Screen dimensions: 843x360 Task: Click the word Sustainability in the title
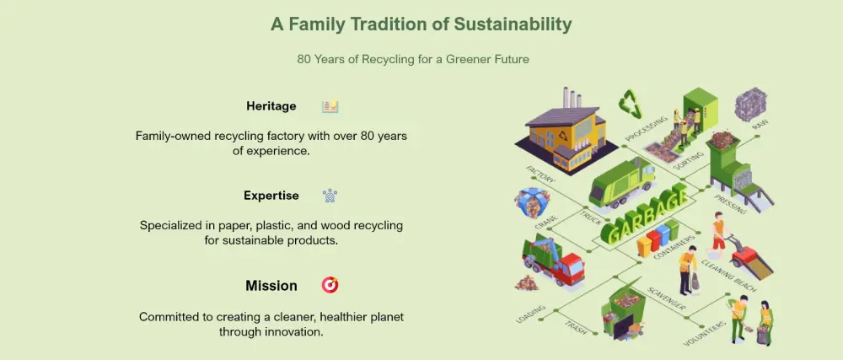(513, 24)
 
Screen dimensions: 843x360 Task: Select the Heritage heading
(271, 106)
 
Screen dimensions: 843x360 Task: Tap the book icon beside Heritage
(330, 106)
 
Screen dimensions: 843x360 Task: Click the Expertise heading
(271, 196)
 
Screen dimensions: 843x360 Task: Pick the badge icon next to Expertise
(330, 196)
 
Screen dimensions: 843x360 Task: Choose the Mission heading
(271, 285)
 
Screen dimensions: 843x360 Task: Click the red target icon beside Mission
(330, 285)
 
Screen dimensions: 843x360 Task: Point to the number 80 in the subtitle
(303, 59)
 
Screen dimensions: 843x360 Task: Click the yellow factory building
(561, 133)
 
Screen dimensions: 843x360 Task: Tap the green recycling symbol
(630, 104)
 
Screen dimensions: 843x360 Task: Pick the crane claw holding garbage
(531, 202)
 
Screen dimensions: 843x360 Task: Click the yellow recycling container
(644, 247)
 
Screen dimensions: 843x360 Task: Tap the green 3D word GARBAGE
(644, 214)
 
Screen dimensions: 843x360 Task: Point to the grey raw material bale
(750, 105)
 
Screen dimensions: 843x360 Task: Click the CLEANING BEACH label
(728, 277)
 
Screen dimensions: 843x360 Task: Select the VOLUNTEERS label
(704, 333)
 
